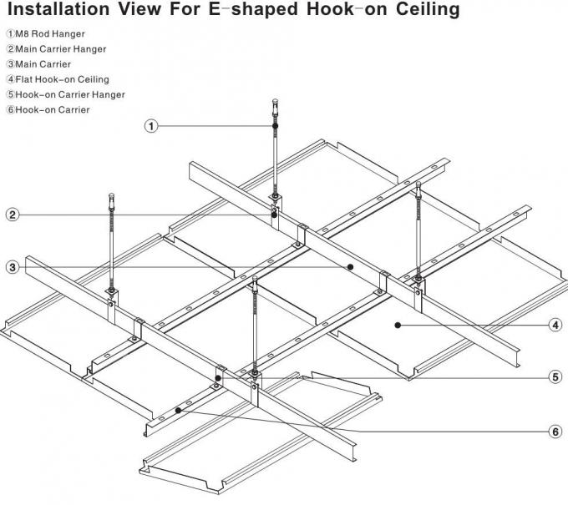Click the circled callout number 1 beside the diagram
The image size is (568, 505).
(x=151, y=126)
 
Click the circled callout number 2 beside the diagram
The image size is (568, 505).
(x=13, y=215)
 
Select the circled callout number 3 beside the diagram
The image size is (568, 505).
(x=13, y=267)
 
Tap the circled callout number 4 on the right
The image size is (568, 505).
(x=555, y=325)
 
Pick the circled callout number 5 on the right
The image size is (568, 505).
(x=555, y=376)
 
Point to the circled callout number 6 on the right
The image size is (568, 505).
(x=555, y=432)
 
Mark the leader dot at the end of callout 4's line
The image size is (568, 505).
(x=398, y=324)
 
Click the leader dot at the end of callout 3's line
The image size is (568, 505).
(x=350, y=267)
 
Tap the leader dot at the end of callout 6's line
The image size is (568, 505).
(x=178, y=409)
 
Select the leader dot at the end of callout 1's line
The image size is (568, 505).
(x=275, y=126)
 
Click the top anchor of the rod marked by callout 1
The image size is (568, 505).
(x=275, y=105)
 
